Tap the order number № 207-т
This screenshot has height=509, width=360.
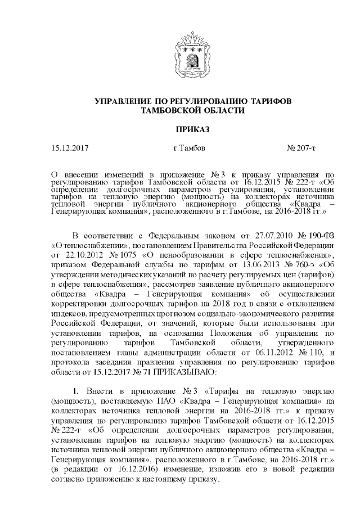click(x=301, y=148)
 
